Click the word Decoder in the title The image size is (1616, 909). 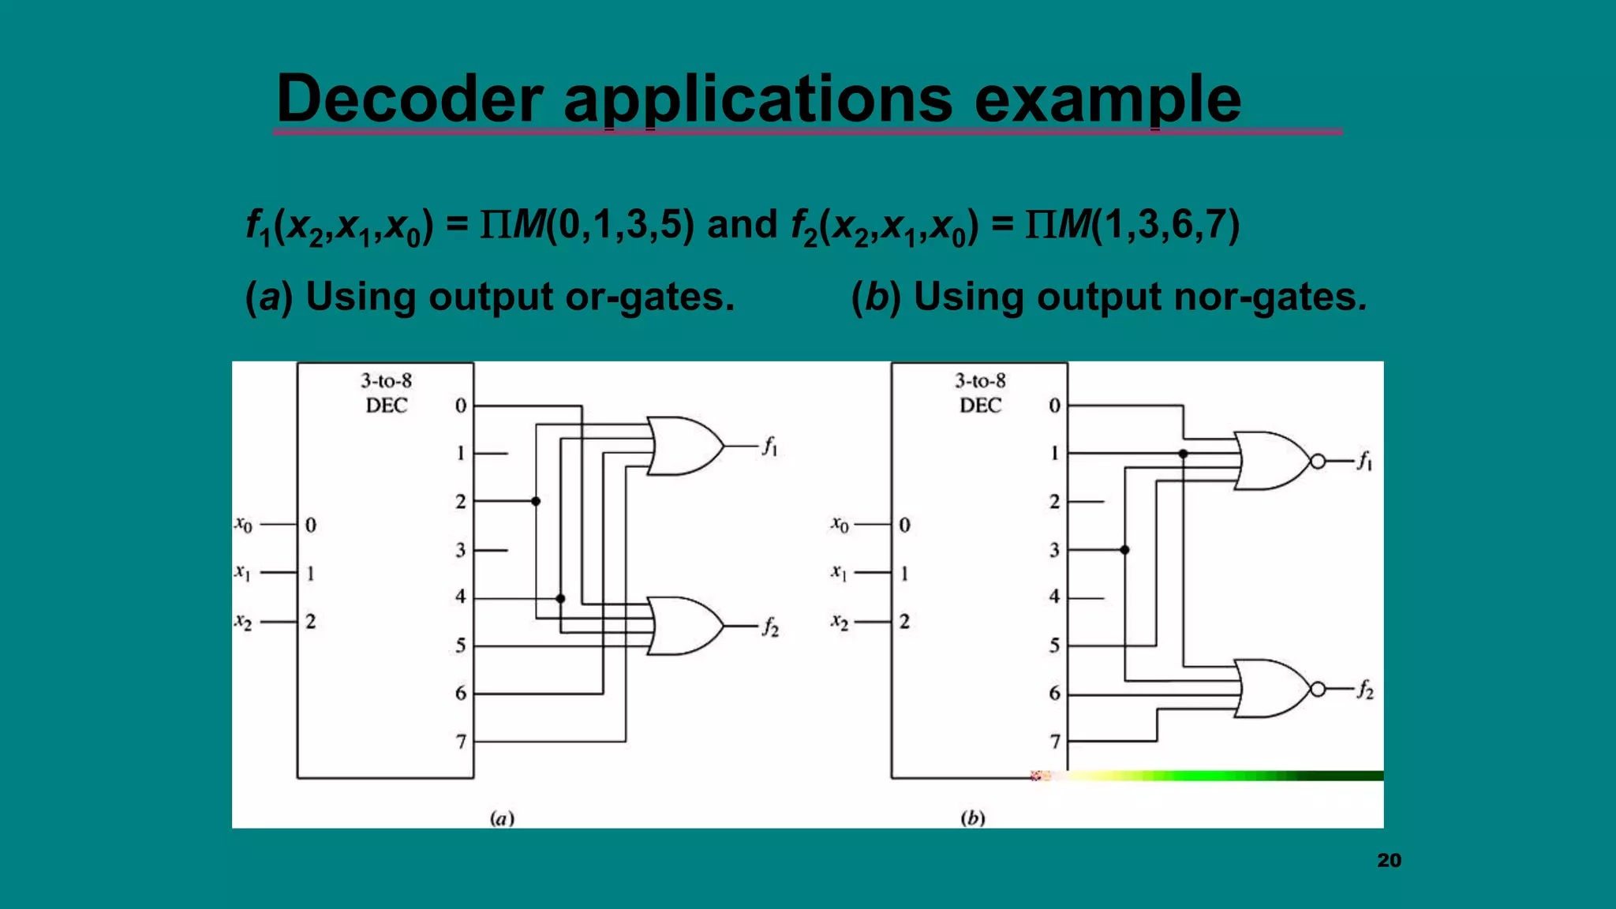click(409, 99)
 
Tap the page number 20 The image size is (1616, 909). click(1389, 860)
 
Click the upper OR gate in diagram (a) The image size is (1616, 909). click(683, 446)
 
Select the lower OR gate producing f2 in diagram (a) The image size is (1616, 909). click(683, 626)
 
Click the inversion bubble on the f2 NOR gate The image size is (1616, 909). click(1318, 690)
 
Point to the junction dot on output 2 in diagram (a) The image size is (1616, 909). click(536, 501)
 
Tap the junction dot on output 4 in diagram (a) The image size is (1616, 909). click(560, 598)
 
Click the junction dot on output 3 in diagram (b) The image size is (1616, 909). click(1124, 550)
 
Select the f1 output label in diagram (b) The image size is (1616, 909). click(1364, 461)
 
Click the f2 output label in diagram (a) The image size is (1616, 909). click(770, 627)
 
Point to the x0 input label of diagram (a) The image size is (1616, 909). click(243, 524)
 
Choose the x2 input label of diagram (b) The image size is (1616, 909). click(840, 622)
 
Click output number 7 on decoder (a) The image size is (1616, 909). click(461, 741)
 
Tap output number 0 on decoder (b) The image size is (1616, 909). click(1054, 406)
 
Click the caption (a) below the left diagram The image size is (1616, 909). click(502, 817)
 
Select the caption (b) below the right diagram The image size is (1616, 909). click(972, 817)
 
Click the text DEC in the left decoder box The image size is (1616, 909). click(386, 406)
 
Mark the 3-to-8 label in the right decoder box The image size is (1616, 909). click(980, 381)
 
